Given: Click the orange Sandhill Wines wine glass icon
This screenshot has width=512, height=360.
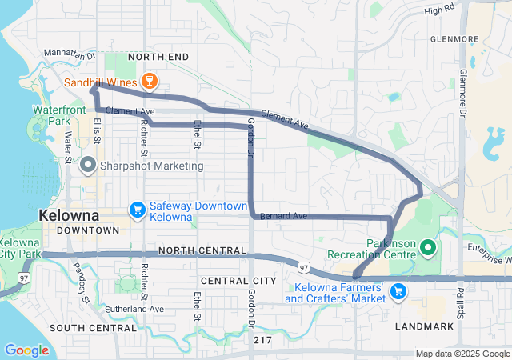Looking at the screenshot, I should click(148, 80).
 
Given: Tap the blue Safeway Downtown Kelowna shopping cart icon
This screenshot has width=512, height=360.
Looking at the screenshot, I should click(137, 210).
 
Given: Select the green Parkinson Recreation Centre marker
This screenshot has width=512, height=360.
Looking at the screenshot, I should click(426, 250).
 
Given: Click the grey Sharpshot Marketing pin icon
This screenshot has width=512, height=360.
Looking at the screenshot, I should click(88, 166).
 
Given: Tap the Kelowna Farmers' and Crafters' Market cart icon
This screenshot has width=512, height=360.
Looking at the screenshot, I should click(397, 293).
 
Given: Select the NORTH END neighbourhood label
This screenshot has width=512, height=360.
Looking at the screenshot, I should click(158, 57).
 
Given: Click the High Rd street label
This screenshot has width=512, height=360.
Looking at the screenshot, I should click(439, 10).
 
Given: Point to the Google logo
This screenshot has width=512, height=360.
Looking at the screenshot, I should click(26, 350).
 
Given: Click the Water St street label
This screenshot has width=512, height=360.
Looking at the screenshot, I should click(69, 149).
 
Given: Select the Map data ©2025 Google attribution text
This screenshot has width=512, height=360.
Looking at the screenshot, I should click(462, 354).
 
